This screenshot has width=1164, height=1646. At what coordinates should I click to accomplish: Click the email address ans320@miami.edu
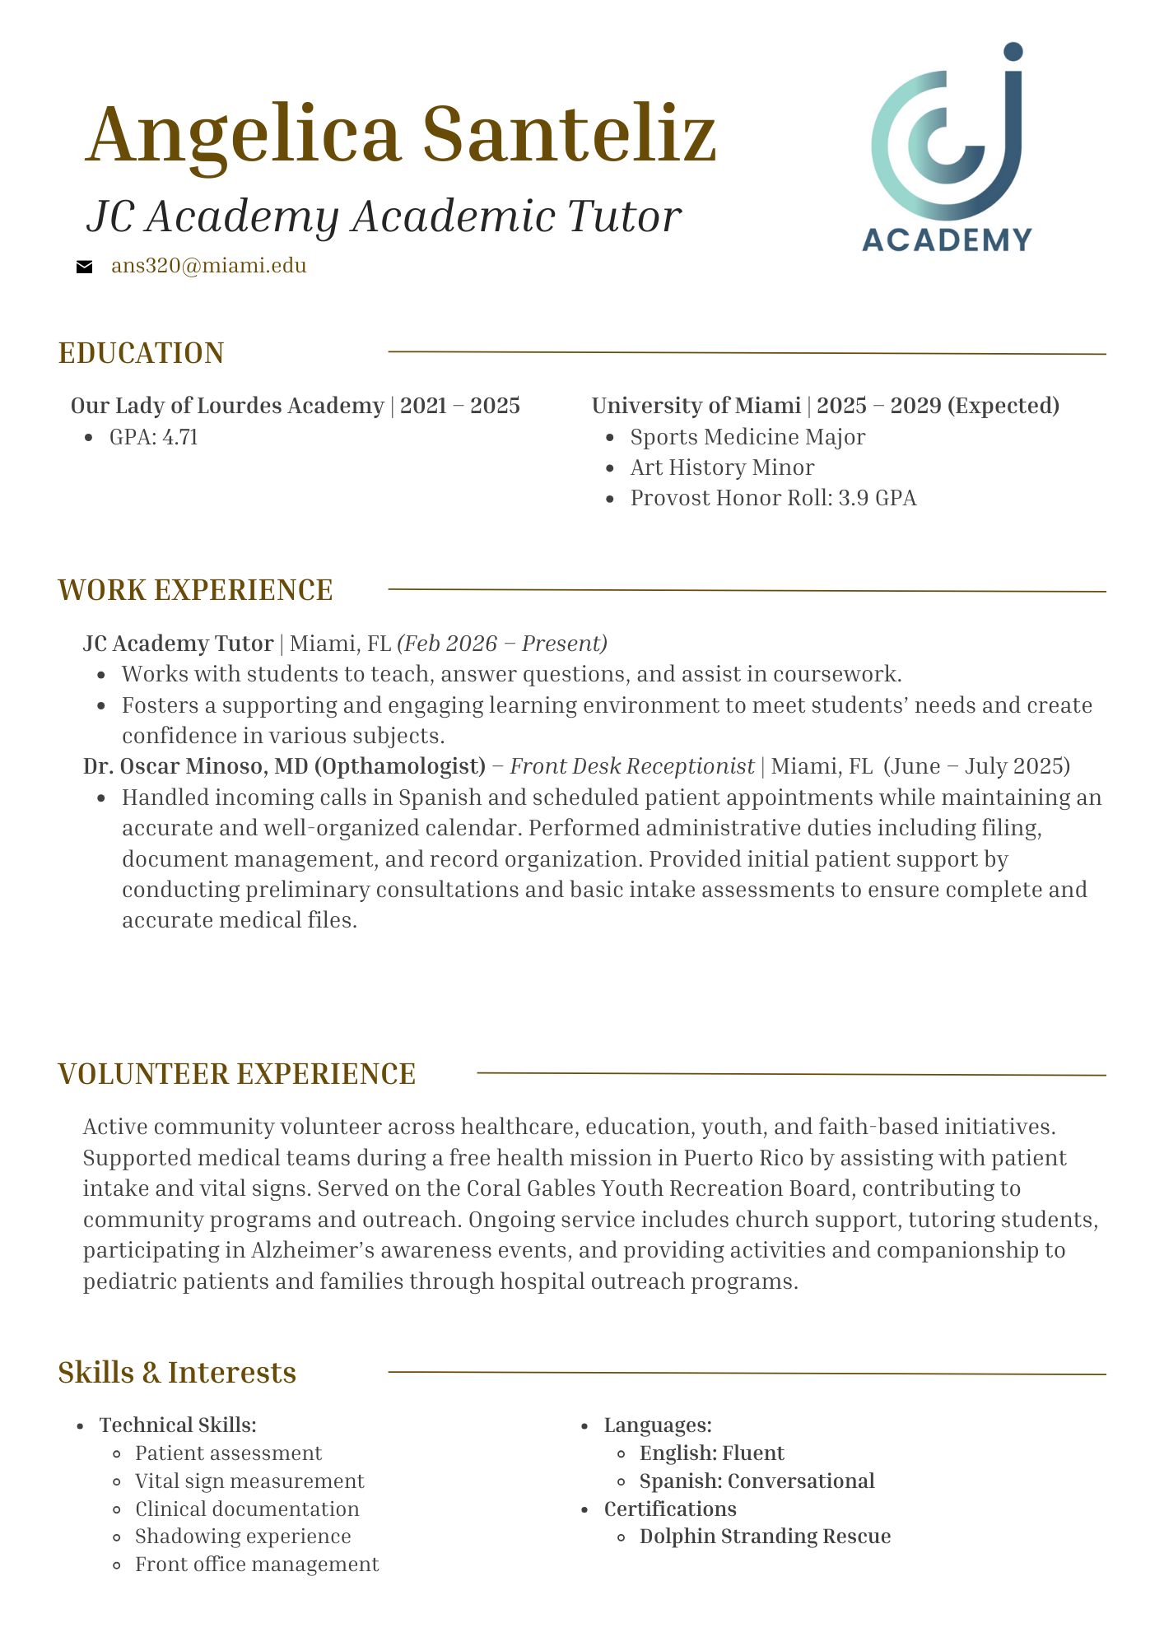208,266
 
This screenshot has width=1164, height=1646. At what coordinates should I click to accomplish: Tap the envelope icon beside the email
84,267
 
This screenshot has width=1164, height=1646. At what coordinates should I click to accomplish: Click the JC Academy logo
947,148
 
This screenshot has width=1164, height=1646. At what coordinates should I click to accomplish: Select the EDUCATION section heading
141,353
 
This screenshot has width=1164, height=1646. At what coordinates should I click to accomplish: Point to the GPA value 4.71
179,437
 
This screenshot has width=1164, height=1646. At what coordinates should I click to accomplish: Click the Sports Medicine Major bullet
747,437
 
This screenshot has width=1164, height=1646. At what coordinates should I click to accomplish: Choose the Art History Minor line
722,467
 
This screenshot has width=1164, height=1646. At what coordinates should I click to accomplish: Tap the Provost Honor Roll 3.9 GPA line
773,498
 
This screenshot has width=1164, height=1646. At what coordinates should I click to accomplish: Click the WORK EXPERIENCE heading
195,590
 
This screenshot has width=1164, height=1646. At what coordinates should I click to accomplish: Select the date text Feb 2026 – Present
502,643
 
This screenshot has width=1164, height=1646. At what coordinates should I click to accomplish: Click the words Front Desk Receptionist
632,766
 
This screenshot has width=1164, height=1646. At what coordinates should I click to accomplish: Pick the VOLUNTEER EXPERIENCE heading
237,1074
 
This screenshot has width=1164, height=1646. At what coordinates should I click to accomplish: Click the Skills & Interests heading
177,1372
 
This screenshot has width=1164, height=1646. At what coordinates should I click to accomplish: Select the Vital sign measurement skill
249,1481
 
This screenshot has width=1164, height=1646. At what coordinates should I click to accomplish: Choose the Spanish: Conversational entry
757,1481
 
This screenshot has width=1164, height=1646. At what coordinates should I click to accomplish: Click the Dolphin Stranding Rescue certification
765,1536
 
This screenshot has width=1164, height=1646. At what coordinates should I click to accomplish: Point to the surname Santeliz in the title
569,134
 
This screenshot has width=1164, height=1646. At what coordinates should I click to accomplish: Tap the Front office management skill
257,1564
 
